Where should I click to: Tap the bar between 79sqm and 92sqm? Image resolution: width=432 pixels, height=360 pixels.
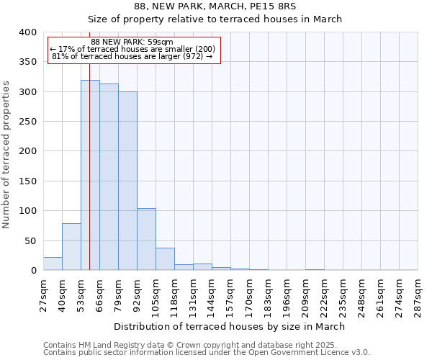[127, 181]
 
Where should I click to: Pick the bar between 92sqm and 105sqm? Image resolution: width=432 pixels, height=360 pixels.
[146, 239]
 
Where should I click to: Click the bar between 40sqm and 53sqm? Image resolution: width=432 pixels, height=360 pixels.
[71, 247]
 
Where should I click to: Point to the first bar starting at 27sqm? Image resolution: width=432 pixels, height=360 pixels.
[53, 264]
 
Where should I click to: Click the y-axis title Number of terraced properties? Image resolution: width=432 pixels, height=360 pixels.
[6, 155]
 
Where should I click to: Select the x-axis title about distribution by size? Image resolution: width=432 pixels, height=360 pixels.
[230, 327]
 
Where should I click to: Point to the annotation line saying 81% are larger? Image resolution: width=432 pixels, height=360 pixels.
[132, 56]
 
